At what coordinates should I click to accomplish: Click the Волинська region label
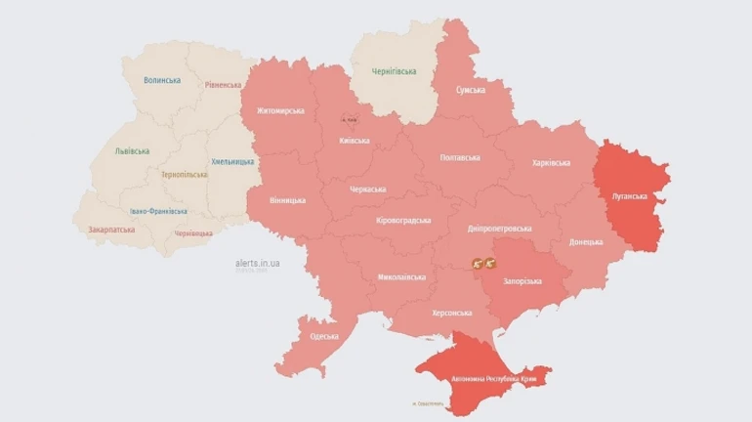[x=161, y=80]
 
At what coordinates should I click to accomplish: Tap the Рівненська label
[x=223, y=85]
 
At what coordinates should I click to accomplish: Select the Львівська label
[x=132, y=151]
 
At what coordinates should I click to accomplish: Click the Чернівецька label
[x=193, y=233]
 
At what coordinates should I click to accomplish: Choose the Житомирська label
[x=280, y=110]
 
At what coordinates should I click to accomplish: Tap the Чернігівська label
[x=395, y=71]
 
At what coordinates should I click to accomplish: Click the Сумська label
[x=471, y=90]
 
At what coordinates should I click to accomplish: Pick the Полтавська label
[x=460, y=157]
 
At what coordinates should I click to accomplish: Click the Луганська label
[x=630, y=196]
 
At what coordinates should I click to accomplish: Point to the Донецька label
[x=586, y=241]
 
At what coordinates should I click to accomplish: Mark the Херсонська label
[x=452, y=313]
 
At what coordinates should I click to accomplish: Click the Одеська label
[x=324, y=336]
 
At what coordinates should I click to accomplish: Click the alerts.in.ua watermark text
[x=259, y=263]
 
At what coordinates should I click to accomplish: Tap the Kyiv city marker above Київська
[x=349, y=119]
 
